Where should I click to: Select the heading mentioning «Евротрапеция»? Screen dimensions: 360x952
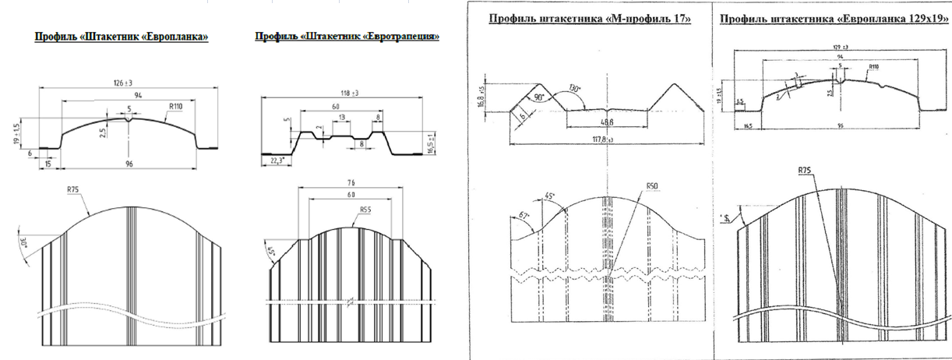[347, 37]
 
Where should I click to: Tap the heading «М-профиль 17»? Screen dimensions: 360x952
[590, 19]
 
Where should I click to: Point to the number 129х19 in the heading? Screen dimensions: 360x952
[905, 19]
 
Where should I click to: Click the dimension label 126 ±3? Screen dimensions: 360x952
[125, 83]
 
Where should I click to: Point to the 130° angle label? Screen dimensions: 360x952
[576, 87]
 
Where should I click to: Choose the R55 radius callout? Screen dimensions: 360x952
[366, 209]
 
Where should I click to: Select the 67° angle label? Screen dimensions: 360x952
[522, 215]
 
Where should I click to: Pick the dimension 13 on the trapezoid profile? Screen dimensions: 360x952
[342, 116]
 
